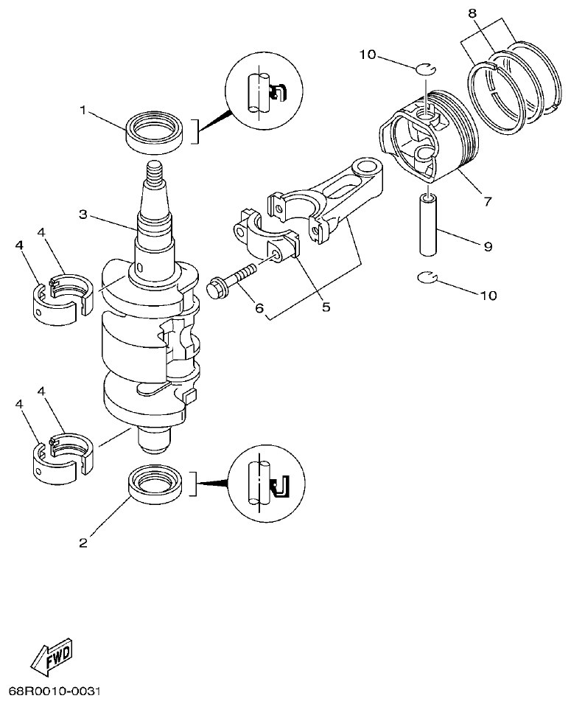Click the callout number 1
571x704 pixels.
coord(83,110)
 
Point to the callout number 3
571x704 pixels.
coord(83,215)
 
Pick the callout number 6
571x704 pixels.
coord(259,307)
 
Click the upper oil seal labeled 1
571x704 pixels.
coord(155,130)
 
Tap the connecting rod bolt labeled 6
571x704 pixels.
coord(231,279)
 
